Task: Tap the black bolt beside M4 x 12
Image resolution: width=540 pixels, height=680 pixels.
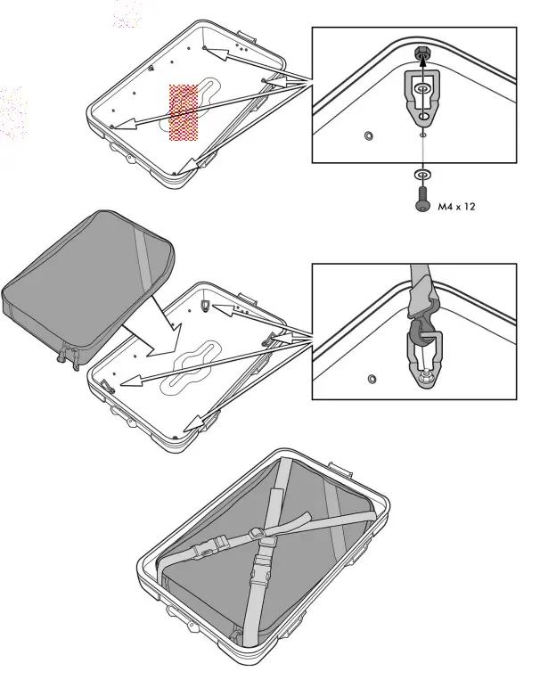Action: [421, 198]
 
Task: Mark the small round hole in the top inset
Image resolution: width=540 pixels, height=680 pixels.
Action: [369, 135]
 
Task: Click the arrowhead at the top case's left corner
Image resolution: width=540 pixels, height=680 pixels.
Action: [117, 125]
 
